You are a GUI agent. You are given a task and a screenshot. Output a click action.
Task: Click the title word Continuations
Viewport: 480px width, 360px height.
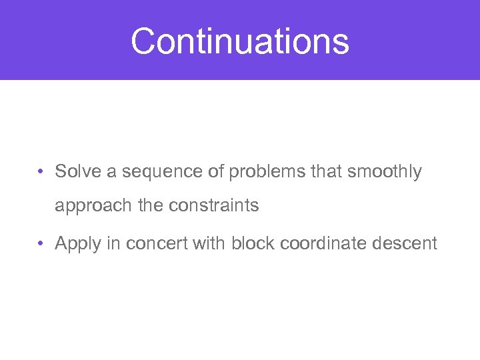pyautogui.click(x=240, y=41)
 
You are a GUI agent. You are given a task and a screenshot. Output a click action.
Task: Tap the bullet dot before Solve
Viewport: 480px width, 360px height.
pyautogui.click(x=41, y=172)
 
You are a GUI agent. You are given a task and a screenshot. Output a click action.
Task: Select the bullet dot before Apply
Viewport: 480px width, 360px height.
pyautogui.click(x=41, y=244)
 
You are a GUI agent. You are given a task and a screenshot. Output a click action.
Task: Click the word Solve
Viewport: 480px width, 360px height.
pyautogui.click(x=77, y=172)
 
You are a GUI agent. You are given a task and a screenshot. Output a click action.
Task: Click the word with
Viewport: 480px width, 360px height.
pyautogui.click(x=209, y=243)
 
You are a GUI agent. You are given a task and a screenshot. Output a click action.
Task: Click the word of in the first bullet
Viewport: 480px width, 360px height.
pyautogui.click(x=216, y=172)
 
